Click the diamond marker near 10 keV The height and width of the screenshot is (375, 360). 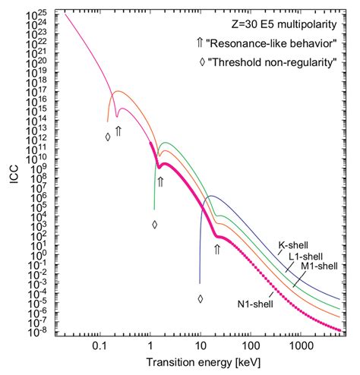(x=201, y=298)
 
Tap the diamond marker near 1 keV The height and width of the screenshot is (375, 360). (x=155, y=224)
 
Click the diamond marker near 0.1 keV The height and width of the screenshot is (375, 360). (x=108, y=137)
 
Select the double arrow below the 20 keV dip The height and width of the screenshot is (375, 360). (x=216, y=248)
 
